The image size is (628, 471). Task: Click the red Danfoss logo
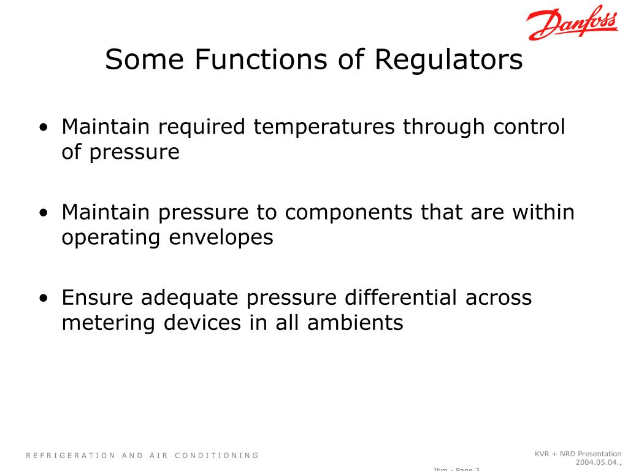coord(572,25)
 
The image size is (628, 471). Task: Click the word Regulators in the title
coord(449,60)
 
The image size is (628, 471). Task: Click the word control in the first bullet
coord(529,128)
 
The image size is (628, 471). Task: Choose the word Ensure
coord(98,297)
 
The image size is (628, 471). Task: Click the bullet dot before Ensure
coord(44,299)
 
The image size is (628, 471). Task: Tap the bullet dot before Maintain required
coord(44,128)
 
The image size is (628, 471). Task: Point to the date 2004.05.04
coord(597,462)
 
